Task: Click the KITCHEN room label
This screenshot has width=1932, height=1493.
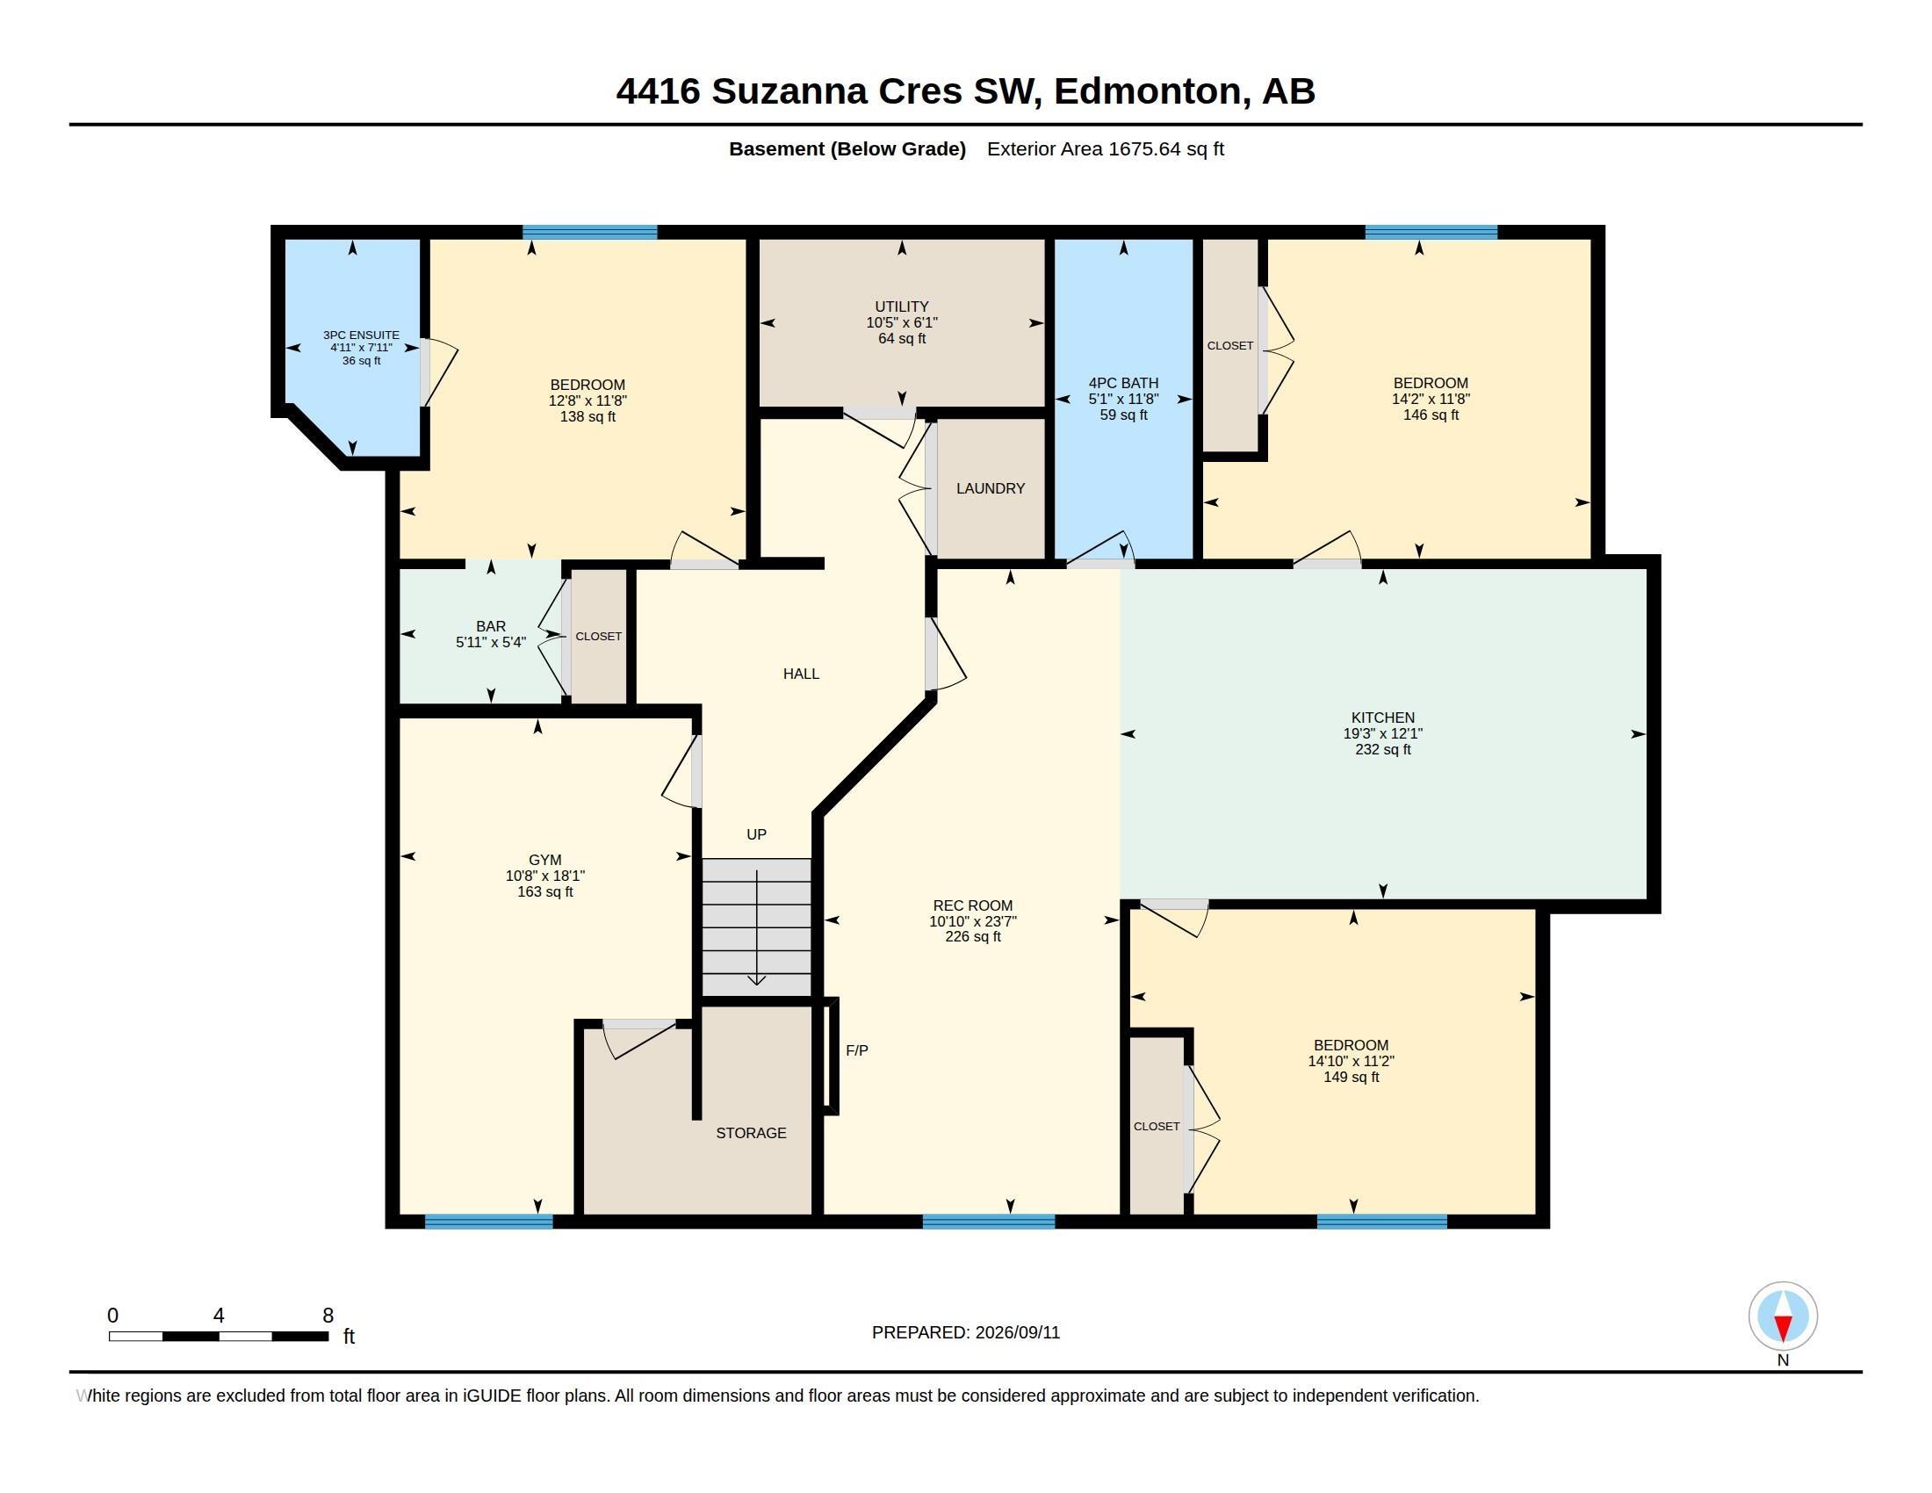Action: pyautogui.click(x=1382, y=718)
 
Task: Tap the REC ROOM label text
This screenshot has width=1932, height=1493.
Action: pyautogui.click(x=972, y=905)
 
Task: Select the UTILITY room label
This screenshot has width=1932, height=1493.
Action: pyautogui.click(x=901, y=307)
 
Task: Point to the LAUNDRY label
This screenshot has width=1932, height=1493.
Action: pyautogui.click(x=990, y=488)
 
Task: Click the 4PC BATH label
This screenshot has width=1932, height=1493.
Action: pyautogui.click(x=1122, y=383)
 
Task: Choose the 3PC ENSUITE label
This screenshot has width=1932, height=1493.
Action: pyautogui.click(x=361, y=335)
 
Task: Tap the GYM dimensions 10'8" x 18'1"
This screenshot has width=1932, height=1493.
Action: pyautogui.click(x=545, y=876)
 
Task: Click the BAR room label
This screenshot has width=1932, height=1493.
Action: pyautogui.click(x=490, y=626)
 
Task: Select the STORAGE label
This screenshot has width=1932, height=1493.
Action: pyautogui.click(x=751, y=1133)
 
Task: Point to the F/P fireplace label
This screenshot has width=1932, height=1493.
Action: pyautogui.click(x=856, y=1049)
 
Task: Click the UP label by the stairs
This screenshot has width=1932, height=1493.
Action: pyautogui.click(x=756, y=834)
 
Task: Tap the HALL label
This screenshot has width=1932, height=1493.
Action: pyautogui.click(x=801, y=674)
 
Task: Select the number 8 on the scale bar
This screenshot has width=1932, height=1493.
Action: pyautogui.click(x=328, y=1316)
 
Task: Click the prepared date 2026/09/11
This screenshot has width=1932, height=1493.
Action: pyautogui.click(x=1016, y=1332)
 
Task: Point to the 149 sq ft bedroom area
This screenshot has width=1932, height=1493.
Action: pyautogui.click(x=1351, y=1078)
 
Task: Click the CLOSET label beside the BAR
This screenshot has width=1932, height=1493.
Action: pyautogui.click(x=598, y=636)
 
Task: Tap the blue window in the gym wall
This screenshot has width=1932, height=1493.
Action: pyautogui.click(x=488, y=1222)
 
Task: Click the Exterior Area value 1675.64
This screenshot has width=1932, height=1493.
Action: pyautogui.click(x=1143, y=148)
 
